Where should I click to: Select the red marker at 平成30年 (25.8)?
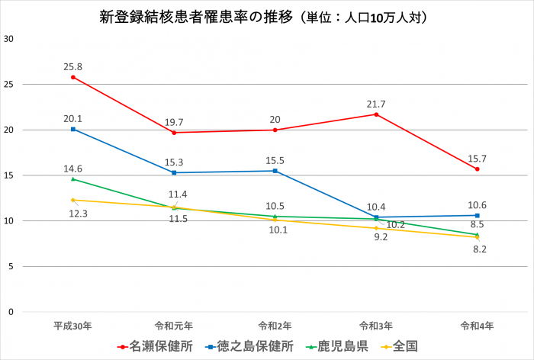point(73,77)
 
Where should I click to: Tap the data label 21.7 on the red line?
point(376,103)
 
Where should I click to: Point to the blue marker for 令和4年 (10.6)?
point(478,215)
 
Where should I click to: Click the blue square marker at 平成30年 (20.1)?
point(73,129)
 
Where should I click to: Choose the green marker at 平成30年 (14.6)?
point(73,179)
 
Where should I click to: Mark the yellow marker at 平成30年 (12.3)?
point(73,200)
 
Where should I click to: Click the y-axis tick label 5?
point(11,266)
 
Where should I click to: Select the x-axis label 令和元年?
point(174,325)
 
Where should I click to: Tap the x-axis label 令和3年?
point(376,325)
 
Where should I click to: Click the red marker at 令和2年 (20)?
point(275,130)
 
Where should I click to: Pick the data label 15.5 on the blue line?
point(275,159)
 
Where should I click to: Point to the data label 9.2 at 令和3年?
point(376,238)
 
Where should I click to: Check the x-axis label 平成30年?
point(73,325)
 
